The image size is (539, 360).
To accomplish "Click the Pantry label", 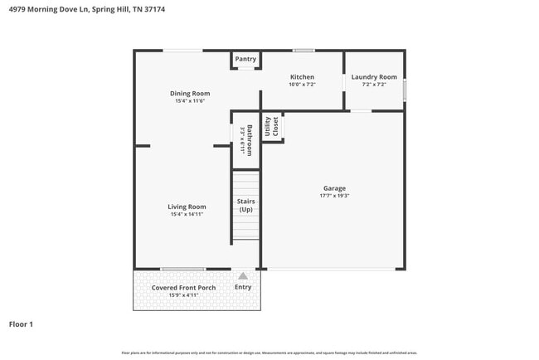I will [245, 59].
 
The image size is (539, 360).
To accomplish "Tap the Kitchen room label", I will [302, 77].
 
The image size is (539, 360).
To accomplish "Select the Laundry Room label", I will [374, 77].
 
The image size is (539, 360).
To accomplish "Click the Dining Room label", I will [190, 94].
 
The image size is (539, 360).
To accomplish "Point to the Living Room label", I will [187, 207].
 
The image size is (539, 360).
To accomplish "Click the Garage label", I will [334, 188].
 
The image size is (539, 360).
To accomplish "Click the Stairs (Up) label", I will [246, 205].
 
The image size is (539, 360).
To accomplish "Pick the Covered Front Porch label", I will [183, 288].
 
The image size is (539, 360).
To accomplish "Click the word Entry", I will [243, 287].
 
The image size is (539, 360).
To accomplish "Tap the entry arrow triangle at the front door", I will [243, 275].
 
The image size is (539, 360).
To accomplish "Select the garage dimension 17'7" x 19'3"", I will [334, 197].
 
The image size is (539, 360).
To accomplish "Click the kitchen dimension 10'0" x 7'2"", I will [302, 85].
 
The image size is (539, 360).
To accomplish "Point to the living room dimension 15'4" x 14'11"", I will [187, 215].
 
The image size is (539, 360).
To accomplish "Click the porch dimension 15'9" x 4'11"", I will [183, 295].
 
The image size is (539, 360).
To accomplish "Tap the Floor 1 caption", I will [21, 324].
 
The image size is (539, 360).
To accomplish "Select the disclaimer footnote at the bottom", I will [269, 353].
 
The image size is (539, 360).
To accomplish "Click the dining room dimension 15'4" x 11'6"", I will [190, 101].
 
